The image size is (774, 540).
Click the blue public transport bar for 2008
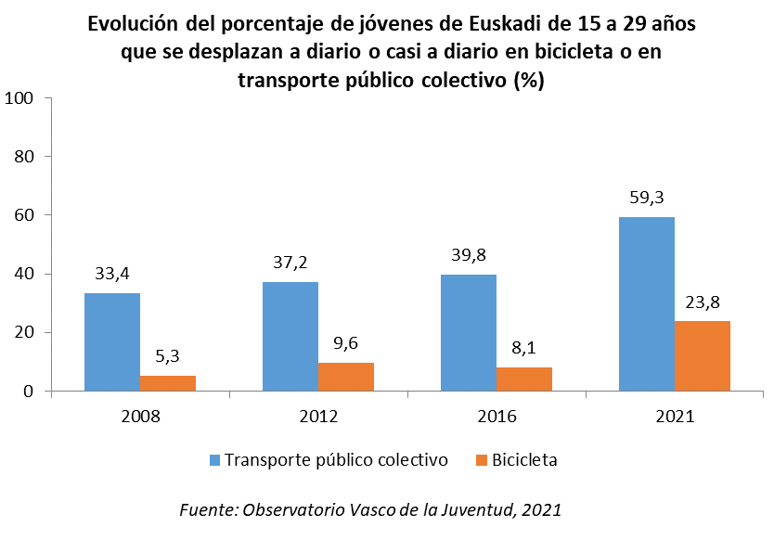111,341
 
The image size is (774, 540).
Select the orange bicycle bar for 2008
168,382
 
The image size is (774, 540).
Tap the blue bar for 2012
290,336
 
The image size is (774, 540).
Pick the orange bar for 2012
346,377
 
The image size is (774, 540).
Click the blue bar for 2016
469,332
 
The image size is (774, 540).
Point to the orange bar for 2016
524,379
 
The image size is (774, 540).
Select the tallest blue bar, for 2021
647,303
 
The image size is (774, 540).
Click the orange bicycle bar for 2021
703,355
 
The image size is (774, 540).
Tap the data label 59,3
646,198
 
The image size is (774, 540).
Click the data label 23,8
703,302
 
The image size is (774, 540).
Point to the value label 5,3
168,356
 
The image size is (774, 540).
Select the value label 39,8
468,255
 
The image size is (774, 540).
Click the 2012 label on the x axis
318,417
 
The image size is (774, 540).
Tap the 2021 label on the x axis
675,417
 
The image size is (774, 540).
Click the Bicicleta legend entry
515,460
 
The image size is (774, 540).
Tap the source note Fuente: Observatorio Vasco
370,509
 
